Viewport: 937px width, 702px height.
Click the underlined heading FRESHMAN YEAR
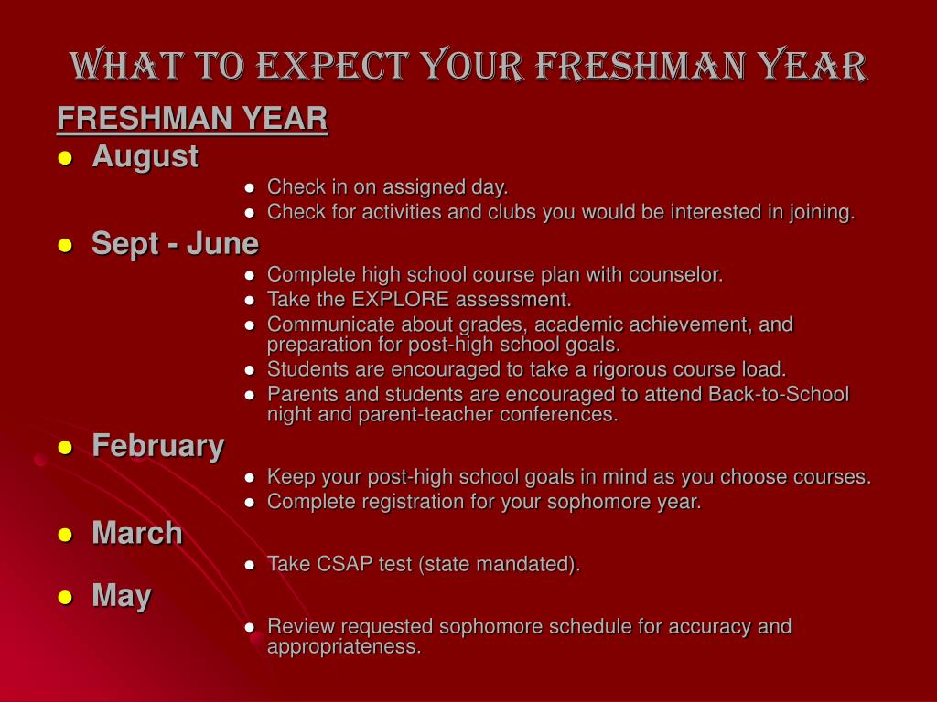[x=192, y=118]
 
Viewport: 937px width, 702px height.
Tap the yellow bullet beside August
[x=65, y=158]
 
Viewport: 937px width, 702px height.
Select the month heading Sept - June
[x=175, y=243]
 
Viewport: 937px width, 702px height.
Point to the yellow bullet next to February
[x=65, y=448]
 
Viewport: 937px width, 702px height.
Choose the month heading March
[x=137, y=533]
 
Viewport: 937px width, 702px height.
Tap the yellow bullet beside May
[x=65, y=598]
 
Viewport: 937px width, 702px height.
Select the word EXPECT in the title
[x=333, y=66]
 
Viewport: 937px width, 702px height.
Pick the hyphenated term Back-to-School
[x=779, y=394]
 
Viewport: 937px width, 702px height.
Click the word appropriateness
[x=344, y=647]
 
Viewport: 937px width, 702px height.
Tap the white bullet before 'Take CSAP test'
[x=250, y=565]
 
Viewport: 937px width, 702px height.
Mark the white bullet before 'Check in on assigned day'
[x=250, y=188]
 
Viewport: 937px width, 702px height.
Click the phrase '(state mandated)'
[x=500, y=564]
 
